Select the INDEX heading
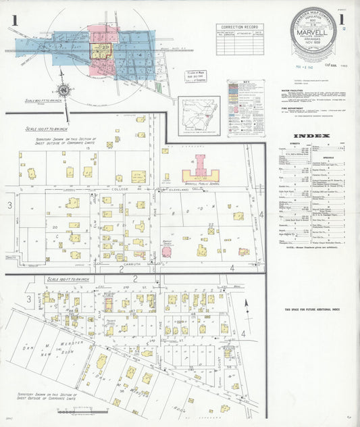pyautogui.click(x=312, y=136)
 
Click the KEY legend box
pyautogui.click(x=245, y=101)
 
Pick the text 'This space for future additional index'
pyautogui.click(x=311, y=309)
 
